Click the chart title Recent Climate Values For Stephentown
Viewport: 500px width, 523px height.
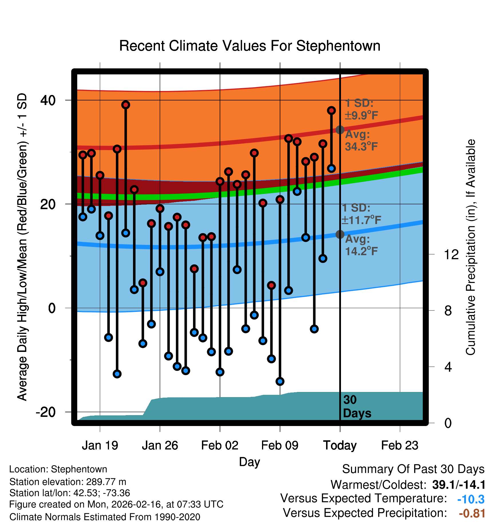click(250, 46)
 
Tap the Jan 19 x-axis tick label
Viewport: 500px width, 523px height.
click(100, 445)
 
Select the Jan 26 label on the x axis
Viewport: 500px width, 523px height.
click(160, 445)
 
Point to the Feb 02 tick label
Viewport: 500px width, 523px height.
click(220, 445)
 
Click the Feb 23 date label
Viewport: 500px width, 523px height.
click(400, 445)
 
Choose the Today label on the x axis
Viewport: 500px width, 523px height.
click(340, 445)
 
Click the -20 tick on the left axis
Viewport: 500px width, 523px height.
click(46, 412)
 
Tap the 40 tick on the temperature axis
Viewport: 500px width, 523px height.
click(48, 100)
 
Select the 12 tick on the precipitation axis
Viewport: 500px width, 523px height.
click(451, 254)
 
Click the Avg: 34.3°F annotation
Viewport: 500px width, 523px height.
click(361, 140)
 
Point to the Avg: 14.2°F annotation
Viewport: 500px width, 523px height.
click(361, 245)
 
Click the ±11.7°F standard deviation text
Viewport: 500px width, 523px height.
click(361, 220)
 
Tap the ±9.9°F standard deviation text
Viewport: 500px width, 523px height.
click(361, 115)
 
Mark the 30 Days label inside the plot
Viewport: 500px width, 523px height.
click(357, 407)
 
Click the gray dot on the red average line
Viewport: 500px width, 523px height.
click(340, 130)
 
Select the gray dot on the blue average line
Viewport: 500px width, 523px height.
click(340, 234)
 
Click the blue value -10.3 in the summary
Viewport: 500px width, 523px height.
click(471, 499)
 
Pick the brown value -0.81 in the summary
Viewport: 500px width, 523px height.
click(472, 513)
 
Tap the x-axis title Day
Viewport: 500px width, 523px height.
click(249, 462)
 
